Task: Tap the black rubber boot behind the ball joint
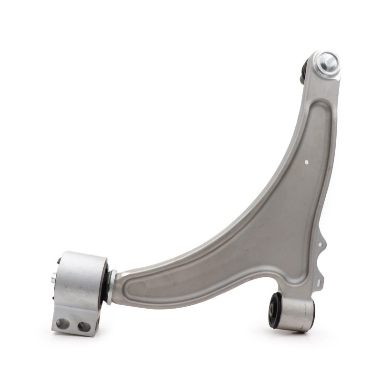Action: pyautogui.click(x=303, y=71)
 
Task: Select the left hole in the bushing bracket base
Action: pyautogui.click(x=62, y=324)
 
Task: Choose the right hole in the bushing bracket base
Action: pyautogui.click(x=84, y=327)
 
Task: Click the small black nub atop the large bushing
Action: pyautogui.click(x=59, y=261)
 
